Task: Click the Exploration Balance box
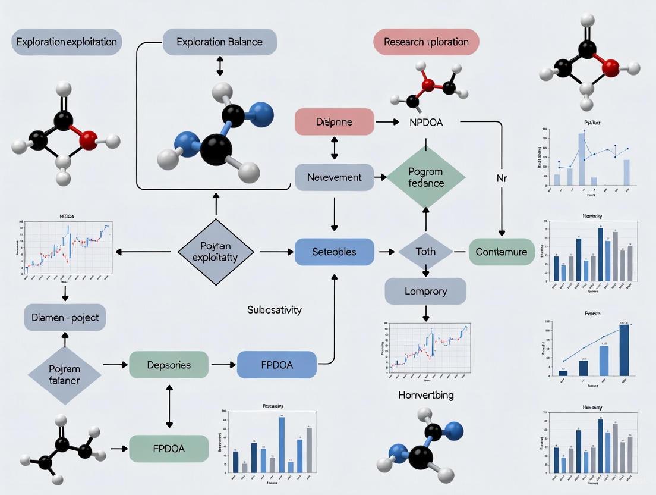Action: tap(219, 42)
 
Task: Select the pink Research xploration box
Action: tap(426, 42)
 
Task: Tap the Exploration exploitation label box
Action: tap(67, 43)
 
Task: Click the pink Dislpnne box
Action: tap(335, 122)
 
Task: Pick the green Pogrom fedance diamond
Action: tap(425, 177)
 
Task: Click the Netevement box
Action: tap(335, 177)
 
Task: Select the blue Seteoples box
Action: tap(335, 252)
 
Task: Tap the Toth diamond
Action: tap(425, 252)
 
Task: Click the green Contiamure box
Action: tap(502, 252)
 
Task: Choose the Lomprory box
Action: tap(425, 292)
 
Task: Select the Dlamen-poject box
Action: tap(65, 318)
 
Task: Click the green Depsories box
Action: tap(169, 365)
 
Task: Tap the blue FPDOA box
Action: tap(277, 365)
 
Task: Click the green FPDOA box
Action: tap(169, 449)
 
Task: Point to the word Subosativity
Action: tap(275, 310)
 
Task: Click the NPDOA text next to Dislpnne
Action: tap(425, 122)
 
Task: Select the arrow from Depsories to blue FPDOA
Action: tap(223, 365)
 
